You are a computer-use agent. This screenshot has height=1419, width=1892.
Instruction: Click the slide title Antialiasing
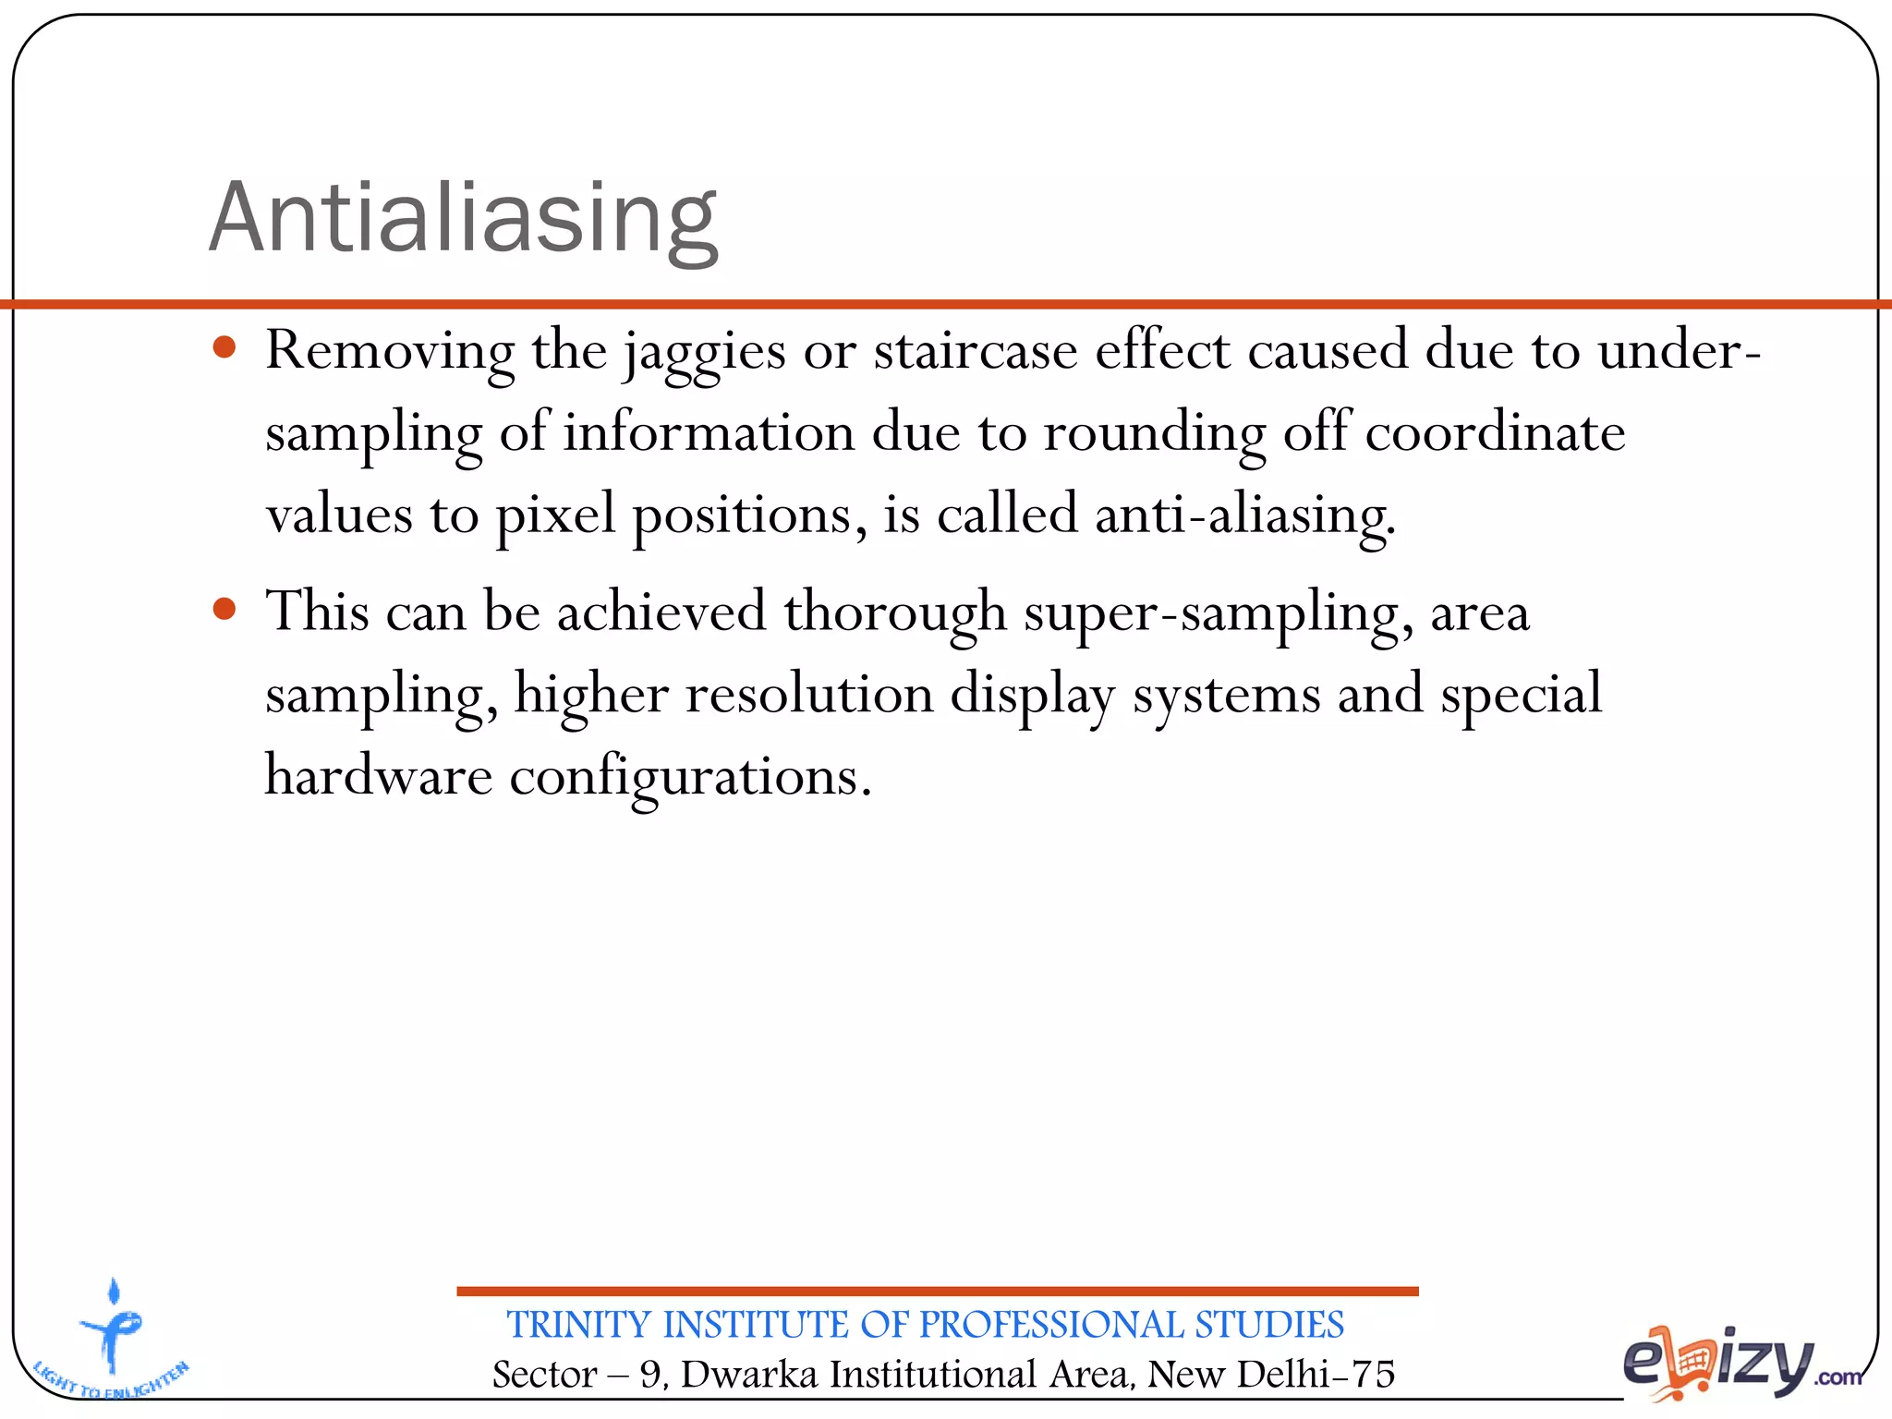coord(463,218)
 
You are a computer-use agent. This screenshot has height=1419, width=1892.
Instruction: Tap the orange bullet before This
coord(224,609)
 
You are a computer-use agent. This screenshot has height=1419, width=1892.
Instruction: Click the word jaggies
coord(704,353)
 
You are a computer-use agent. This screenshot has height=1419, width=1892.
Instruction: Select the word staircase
coord(976,351)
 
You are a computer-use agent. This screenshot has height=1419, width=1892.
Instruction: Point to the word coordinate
coord(1495,432)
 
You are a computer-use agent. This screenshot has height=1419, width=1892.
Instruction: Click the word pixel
coord(555,515)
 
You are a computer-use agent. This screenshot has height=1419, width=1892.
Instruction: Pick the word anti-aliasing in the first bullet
coord(1243,515)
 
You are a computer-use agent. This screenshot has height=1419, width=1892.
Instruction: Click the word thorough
coord(894,612)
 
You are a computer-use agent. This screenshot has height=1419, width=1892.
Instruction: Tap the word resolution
coord(809,694)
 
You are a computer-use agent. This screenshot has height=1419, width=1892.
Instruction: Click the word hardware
coord(379,775)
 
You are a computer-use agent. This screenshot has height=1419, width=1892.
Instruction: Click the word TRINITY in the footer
coord(579,1325)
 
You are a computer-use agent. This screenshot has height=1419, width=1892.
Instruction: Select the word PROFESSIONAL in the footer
coord(1051,1325)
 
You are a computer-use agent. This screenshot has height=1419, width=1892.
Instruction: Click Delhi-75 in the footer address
coord(1316,1374)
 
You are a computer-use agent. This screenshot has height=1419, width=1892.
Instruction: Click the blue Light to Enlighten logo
coord(111,1340)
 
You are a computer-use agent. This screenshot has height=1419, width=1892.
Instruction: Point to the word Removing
coord(390,351)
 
